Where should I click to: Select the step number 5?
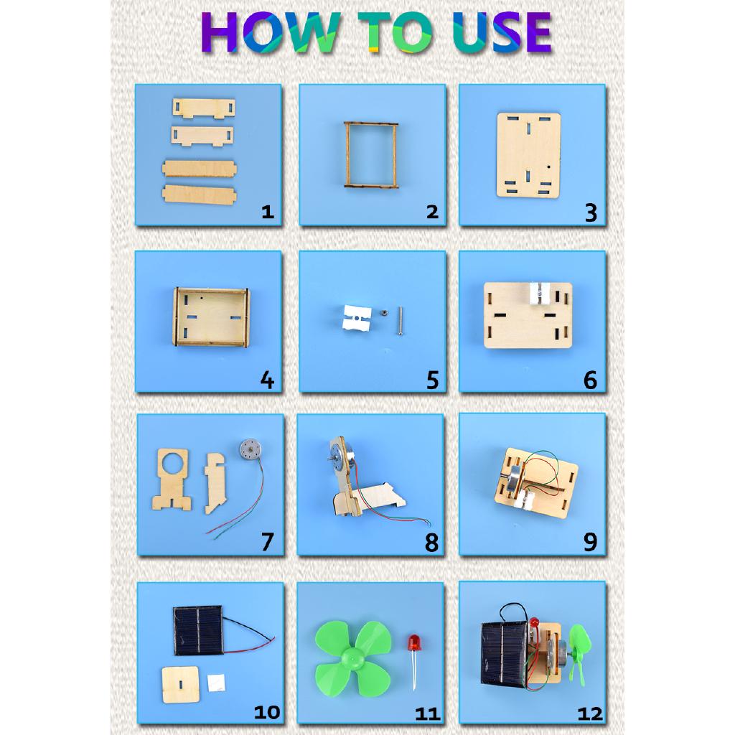432,380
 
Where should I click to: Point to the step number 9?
591,542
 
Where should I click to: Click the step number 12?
590,714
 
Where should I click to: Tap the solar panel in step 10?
199,630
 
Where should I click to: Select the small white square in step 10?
216,683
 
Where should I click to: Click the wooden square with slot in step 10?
180,685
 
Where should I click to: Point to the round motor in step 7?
250,449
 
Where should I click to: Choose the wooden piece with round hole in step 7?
172,479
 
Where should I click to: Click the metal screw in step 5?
400,321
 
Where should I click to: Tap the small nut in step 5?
383,313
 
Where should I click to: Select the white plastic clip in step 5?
357,318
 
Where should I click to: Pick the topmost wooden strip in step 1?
203,108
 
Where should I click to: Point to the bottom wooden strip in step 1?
200,195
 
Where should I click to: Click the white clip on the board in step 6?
542,294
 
